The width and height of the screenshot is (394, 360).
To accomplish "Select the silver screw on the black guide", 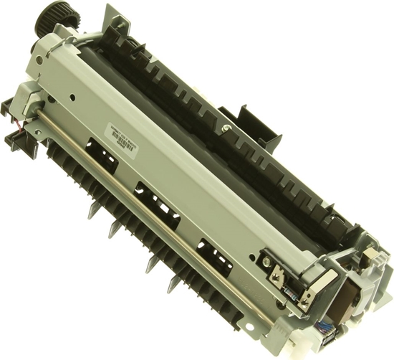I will point(226,130).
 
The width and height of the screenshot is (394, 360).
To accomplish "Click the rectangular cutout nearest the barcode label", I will point(102,153).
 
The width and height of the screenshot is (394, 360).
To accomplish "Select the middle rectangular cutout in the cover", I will point(157,202).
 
